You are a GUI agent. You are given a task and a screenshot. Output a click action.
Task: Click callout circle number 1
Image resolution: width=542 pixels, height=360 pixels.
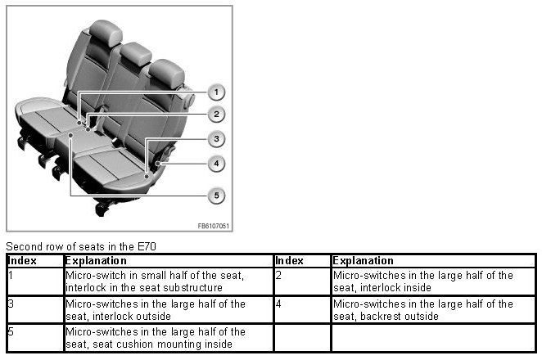(216, 92)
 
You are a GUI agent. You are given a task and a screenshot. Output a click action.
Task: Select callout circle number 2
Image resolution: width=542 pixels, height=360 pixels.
(216, 115)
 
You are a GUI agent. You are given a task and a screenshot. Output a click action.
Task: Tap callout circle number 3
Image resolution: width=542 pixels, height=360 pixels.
(216, 139)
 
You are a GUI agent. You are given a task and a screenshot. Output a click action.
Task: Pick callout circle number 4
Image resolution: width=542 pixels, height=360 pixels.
(216, 164)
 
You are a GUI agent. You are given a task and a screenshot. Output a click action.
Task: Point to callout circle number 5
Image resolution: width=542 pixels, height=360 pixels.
(216, 196)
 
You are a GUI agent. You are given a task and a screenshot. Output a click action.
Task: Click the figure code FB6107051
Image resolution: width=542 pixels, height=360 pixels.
(213, 226)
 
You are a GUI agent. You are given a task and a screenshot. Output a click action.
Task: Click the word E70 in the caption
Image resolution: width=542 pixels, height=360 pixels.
(147, 246)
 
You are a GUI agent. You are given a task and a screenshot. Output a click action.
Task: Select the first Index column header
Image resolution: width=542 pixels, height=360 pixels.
(22, 260)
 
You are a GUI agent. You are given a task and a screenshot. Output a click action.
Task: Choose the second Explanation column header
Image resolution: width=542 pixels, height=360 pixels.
(363, 260)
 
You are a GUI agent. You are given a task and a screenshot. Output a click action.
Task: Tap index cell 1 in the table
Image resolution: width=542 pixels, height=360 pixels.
(11, 276)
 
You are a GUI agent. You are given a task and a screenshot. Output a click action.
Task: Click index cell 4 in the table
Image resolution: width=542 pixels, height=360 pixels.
(278, 304)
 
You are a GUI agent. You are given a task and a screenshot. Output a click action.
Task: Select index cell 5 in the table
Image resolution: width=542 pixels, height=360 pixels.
(11, 331)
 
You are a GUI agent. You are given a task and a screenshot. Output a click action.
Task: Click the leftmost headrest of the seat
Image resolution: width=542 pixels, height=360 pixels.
(106, 33)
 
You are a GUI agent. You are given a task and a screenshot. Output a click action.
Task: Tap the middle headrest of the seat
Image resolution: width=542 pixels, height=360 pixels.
(136, 53)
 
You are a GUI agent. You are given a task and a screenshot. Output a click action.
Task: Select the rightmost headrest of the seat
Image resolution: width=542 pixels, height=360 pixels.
(166, 74)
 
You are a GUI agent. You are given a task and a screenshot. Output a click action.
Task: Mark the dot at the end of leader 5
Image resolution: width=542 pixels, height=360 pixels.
(70, 136)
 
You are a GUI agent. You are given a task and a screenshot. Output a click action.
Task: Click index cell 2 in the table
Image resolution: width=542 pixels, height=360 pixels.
(278, 276)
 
